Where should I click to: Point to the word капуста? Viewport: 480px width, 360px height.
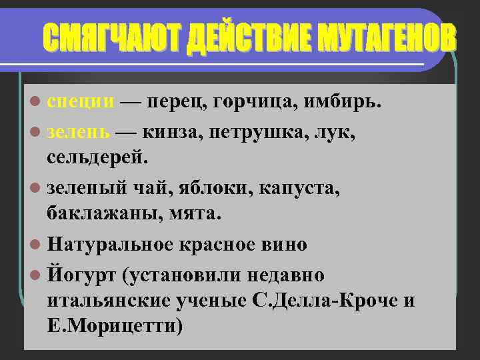(301, 189)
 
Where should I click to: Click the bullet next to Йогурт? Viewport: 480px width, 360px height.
(36, 274)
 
